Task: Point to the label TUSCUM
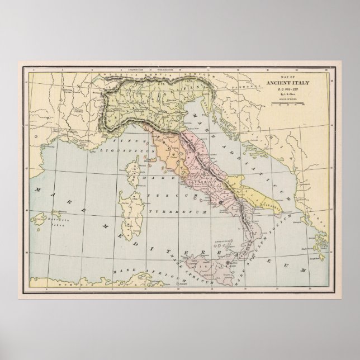(170, 196)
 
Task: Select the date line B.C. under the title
(290, 91)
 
